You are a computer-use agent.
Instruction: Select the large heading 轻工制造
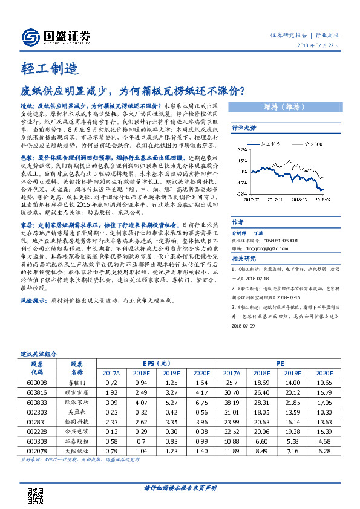pos(43,68)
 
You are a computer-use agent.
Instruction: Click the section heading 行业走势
pos(244,128)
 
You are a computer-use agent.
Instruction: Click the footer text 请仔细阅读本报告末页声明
pos(180,487)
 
